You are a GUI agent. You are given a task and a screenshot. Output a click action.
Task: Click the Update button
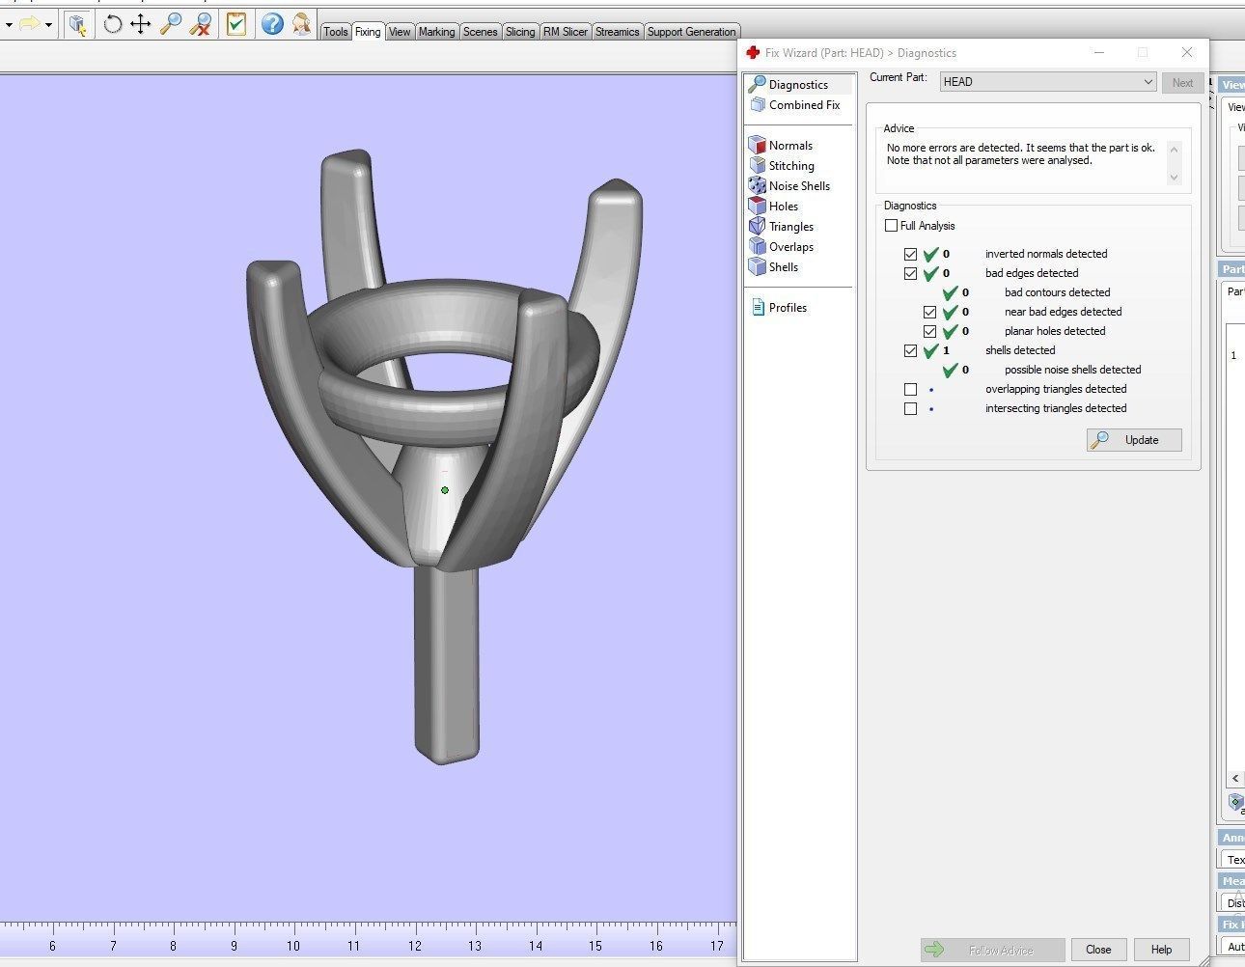(1134, 440)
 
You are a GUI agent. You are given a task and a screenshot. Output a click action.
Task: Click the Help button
(1160, 950)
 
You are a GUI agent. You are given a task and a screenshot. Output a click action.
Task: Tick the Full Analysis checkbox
(891, 226)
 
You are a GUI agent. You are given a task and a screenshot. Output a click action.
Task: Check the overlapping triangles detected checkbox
(910, 389)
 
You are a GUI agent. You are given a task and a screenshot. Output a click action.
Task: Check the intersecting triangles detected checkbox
(910, 408)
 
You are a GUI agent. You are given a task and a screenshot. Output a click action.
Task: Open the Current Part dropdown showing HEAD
(1047, 82)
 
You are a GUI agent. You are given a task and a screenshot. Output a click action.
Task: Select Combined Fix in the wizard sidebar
(803, 105)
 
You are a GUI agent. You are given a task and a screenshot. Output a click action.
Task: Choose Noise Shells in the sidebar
(798, 186)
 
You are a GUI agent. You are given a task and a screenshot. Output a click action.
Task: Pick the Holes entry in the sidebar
(783, 207)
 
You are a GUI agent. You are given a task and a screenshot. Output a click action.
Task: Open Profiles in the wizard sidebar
(787, 308)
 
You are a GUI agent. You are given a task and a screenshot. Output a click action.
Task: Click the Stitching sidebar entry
(790, 166)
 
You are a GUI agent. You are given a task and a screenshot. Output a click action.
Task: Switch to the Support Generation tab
(691, 32)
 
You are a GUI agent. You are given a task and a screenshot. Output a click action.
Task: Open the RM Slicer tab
(565, 32)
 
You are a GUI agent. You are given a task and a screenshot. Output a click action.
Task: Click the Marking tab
(436, 32)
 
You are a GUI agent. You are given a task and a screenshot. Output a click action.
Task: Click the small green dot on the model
(445, 490)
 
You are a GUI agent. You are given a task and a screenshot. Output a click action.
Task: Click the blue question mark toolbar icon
(272, 23)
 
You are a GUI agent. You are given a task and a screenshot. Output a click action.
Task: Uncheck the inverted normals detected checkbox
(910, 254)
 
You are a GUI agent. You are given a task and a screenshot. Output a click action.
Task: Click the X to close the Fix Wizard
(1187, 52)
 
